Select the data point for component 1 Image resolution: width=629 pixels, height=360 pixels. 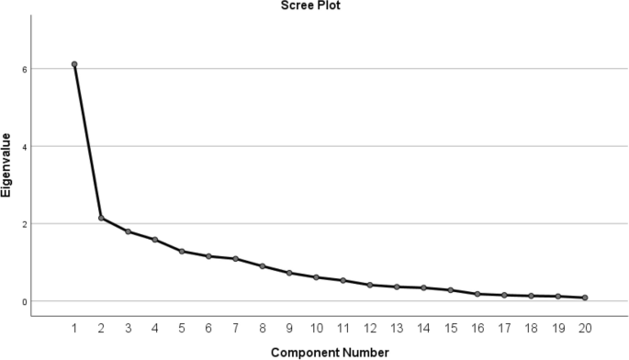(x=74, y=64)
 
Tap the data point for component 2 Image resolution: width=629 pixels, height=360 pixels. (x=102, y=218)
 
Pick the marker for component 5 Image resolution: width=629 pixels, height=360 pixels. (x=182, y=251)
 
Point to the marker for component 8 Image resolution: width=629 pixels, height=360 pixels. (x=263, y=266)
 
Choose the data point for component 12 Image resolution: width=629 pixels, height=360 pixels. (x=370, y=285)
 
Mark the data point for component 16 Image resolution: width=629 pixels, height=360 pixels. (x=477, y=294)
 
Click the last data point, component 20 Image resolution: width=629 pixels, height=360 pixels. (x=585, y=298)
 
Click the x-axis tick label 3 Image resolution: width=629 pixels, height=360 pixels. (x=129, y=327)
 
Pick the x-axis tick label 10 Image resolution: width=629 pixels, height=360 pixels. (x=317, y=327)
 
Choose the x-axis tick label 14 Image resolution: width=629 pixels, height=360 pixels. (x=424, y=327)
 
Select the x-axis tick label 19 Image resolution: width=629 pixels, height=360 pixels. (x=558, y=327)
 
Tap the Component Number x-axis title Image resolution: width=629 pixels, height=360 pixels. (x=330, y=352)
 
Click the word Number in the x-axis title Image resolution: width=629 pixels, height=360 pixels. (x=365, y=352)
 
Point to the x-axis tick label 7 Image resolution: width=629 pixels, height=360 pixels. (x=236, y=327)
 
